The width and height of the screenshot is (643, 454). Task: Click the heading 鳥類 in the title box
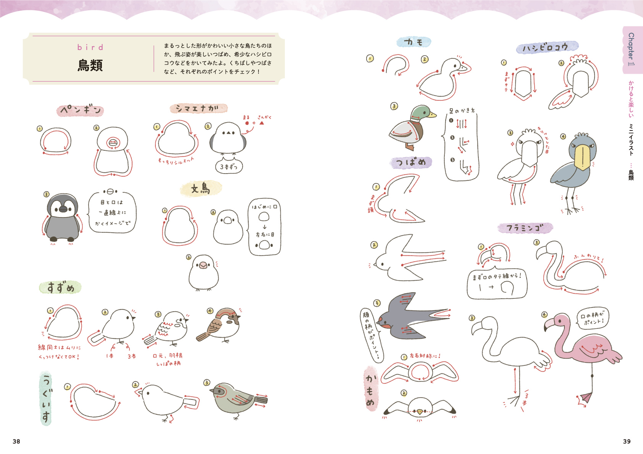tap(90, 65)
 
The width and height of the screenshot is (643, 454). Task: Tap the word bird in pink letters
tap(90, 47)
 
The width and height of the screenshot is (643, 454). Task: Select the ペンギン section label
tap(81, 110)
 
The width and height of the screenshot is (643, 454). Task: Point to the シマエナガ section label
tap(198, 108)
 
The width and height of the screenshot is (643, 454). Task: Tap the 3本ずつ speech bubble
tap(228, 167)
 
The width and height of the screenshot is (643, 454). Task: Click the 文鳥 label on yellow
tap(201, 188)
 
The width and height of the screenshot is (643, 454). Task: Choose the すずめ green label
tap(60, 287)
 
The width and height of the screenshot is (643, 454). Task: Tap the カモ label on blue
tap(414, 42)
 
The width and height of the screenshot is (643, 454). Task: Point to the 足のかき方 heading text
tap(462, 111)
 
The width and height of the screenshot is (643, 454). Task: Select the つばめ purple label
tap(411, 163)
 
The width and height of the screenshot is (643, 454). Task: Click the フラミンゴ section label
tap(525, 228)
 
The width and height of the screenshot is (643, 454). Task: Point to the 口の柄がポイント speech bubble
tap(592, 318)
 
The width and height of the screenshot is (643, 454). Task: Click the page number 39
tap(627, 441)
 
